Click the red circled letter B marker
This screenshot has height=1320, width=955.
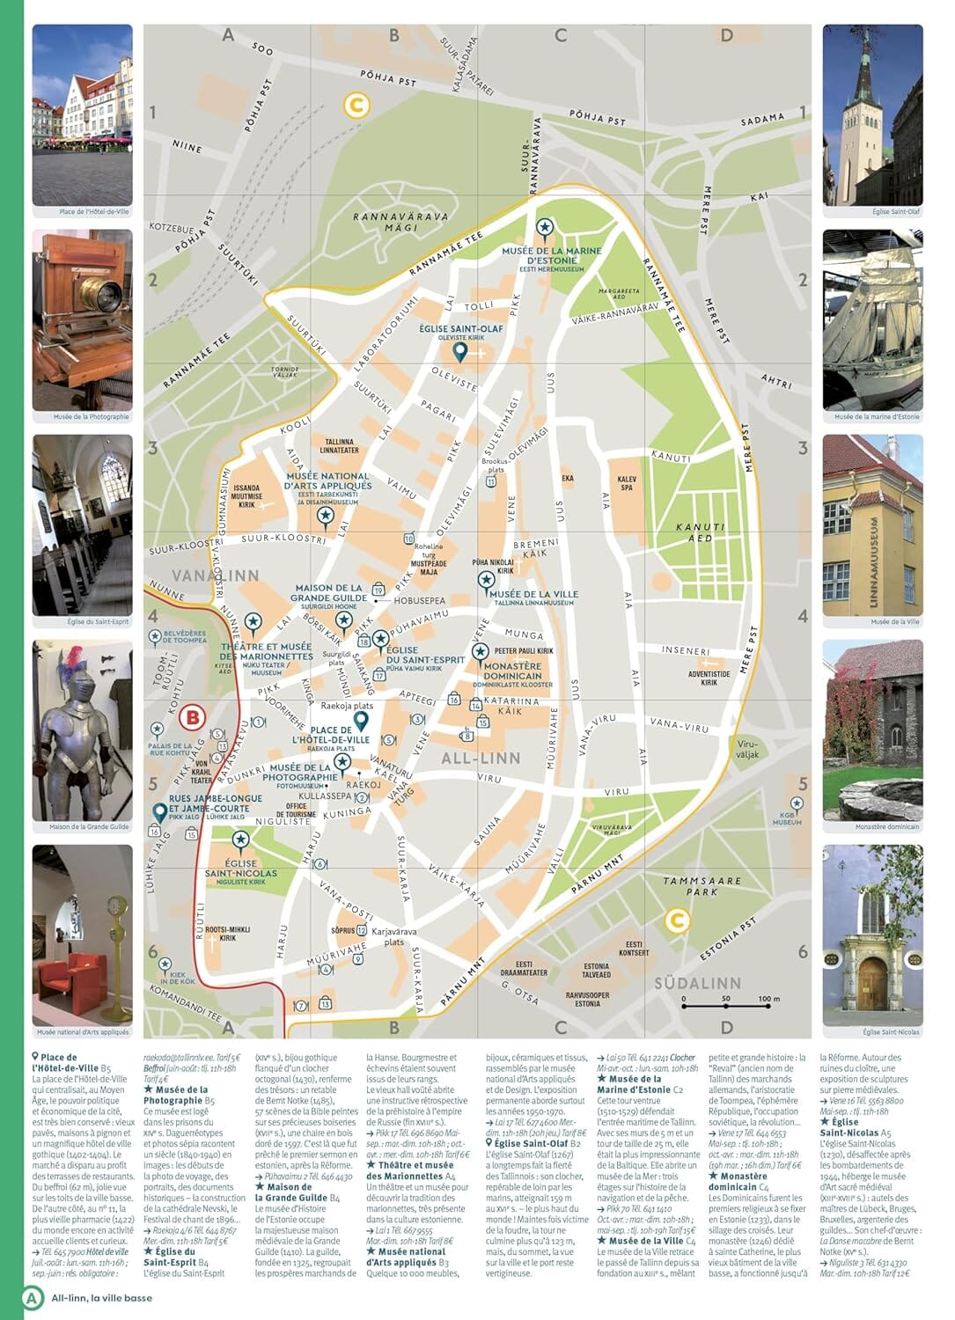coord(192,717)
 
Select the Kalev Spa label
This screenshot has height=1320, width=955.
coord(628,483)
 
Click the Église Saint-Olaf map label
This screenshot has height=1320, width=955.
coord(461,333)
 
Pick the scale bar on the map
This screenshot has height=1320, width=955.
coord(726,1001)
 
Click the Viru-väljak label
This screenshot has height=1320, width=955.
coord(746,749)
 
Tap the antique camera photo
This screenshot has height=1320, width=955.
coord(83,319)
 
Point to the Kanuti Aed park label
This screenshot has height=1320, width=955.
coord(701,532)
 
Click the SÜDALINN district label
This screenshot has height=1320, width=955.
coord(697,983)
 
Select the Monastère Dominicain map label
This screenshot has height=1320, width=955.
coord(512,671)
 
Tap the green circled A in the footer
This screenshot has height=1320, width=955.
coord(33,1297)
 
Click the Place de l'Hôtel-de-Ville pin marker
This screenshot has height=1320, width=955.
coord(360,722)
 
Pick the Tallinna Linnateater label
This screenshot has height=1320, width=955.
coord(339,446)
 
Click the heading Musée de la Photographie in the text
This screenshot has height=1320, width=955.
coord(175,1095)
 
